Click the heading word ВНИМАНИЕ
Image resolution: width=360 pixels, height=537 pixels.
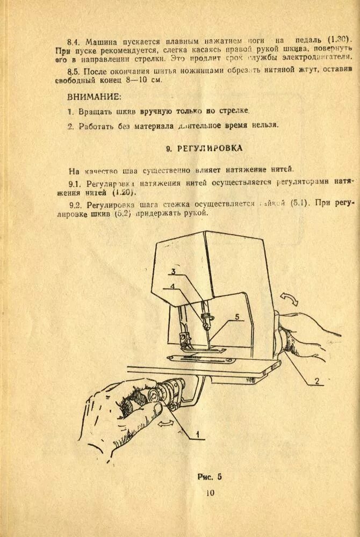pyautogui.click(x=94, y=97)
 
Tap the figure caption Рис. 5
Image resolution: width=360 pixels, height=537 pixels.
pyautogui.click(x=210, y=476)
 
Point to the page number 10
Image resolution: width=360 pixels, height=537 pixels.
pyautogui.click(x=210, y=494)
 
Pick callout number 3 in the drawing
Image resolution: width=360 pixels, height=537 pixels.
pyautogui.click(x=174, y=271)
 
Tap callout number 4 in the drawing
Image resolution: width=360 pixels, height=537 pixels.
pyautogui.click(x=172, y=286)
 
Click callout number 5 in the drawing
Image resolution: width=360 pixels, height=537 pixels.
pyautogui.click(x=236, y=317)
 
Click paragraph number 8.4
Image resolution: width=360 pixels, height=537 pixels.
pyautogui.click(x=74, y=41)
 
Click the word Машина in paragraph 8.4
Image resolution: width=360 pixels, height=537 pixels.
pyautogui.click(x=100, y=41)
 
